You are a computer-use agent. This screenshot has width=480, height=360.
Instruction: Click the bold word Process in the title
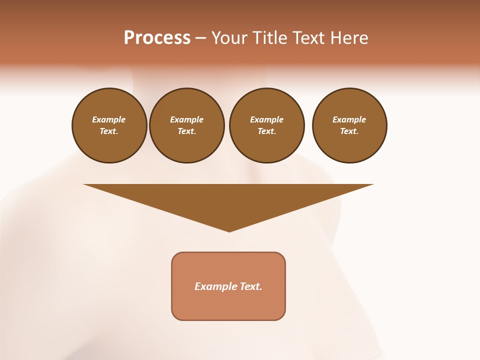click(157, 38)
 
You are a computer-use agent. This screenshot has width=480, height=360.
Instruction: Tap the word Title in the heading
click(270, 38)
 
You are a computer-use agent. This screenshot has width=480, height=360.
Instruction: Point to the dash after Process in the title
click(200, 38)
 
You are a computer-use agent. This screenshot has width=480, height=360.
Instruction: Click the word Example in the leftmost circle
click(109, 119)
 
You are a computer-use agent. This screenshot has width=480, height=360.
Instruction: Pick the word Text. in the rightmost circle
click(349, 131)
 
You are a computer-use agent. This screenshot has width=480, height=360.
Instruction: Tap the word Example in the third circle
click(266, 119)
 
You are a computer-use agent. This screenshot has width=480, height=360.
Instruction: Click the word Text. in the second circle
click(187, 131)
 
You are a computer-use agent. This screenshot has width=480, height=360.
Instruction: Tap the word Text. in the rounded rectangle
click(251, 286)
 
